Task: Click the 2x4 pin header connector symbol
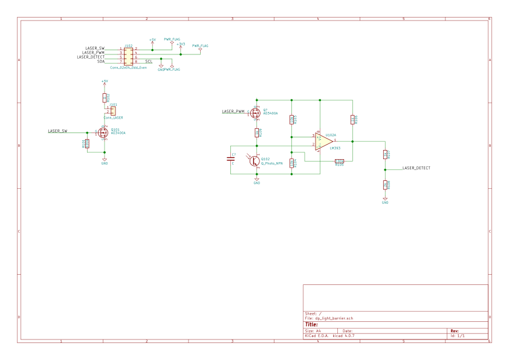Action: click(128, 56)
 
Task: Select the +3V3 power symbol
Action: click(181, 45)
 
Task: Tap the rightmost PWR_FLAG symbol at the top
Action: click(200, 48)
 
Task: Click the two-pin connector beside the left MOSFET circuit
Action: click(112, 111)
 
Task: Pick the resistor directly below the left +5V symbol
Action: click(105, 97)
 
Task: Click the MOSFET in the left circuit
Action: click(103, 132)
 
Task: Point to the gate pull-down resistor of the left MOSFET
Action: click(87, 143)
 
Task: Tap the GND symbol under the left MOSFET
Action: click(105, 161)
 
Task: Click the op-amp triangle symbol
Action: click(323, 141)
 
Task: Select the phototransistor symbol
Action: click(254, 160)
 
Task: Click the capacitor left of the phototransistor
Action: click(231, 159)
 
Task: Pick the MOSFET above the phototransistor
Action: click(255, 113)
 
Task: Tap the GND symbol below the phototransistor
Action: click(257, 180)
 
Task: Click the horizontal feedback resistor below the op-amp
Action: click(339, 161)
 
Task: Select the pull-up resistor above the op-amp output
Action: click(352, 120)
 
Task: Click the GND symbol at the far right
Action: click(385, 200)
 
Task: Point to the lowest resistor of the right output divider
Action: click(385, 185)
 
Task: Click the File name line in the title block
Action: click(329, 318)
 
